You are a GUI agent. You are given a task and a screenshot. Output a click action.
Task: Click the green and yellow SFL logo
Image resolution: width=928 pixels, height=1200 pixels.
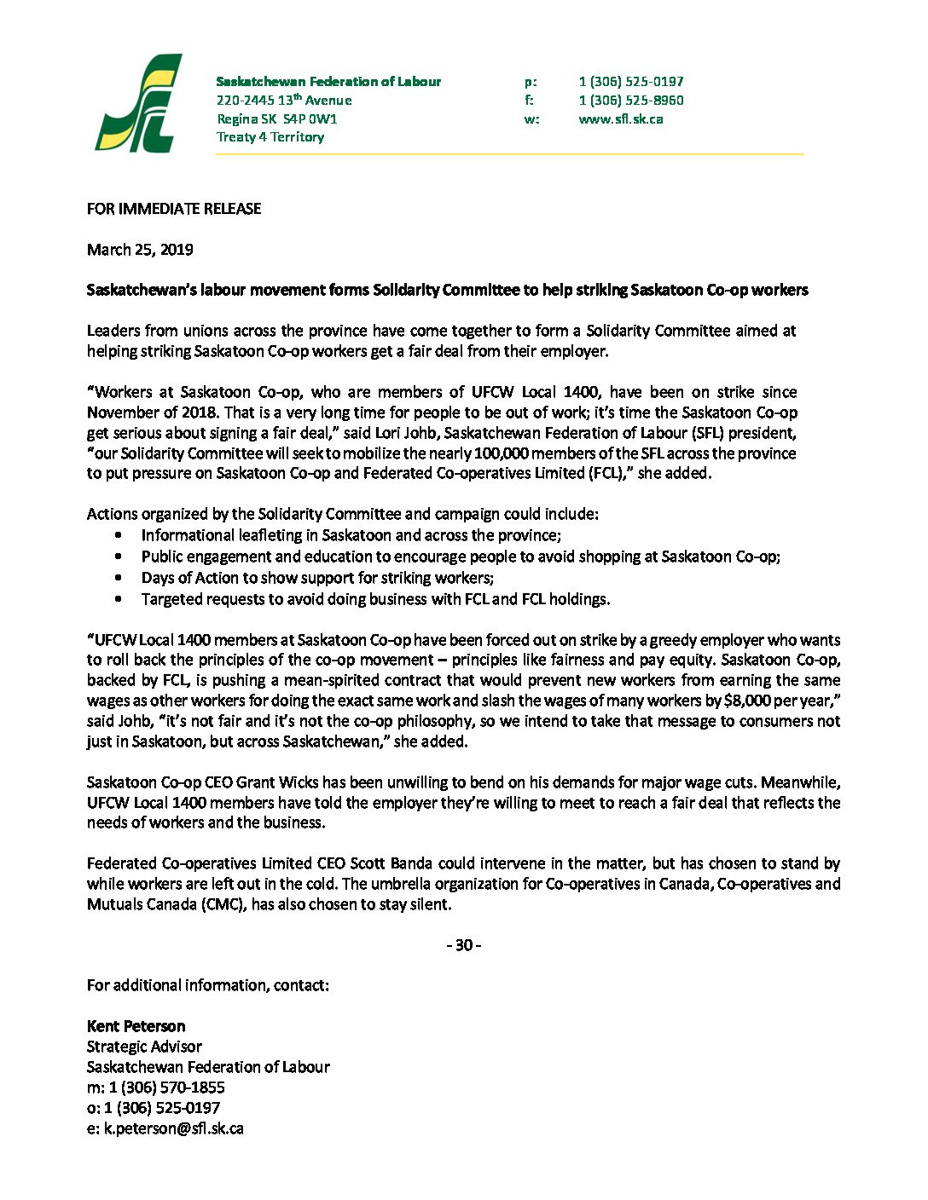138,104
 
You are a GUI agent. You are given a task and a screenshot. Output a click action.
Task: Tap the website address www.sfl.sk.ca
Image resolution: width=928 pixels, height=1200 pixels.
620,119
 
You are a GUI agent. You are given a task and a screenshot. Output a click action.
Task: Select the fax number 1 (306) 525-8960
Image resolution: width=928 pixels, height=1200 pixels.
630,101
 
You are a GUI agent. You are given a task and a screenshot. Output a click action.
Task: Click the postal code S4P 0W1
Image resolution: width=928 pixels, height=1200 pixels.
310,119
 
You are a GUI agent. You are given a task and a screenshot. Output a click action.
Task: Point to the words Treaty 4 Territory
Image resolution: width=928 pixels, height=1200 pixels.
270,137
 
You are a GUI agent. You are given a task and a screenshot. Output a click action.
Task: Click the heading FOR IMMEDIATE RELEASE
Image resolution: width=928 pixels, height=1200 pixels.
174,209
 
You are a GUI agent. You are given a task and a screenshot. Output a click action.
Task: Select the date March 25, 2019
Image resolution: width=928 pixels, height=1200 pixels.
140,250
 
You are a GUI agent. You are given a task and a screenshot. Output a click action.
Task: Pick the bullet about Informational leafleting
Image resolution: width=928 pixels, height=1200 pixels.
351,535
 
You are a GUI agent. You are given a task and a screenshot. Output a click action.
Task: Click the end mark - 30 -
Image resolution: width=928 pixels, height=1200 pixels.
464,945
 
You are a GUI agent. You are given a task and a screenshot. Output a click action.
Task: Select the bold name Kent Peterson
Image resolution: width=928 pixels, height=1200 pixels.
136,1026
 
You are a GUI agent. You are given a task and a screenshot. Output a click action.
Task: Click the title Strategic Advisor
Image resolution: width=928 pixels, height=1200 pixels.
144,1047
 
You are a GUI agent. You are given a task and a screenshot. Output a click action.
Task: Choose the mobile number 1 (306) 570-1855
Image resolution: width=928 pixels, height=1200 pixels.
166,1087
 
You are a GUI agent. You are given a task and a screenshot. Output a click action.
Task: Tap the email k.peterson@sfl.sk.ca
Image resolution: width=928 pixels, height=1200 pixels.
174,1128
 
